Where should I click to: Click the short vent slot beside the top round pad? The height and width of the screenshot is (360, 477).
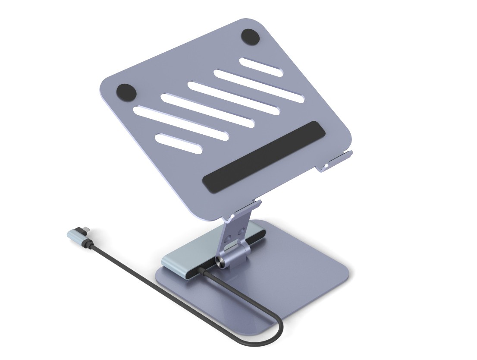pos(261,67)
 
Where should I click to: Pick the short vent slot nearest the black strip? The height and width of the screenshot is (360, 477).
pos(178,144)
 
